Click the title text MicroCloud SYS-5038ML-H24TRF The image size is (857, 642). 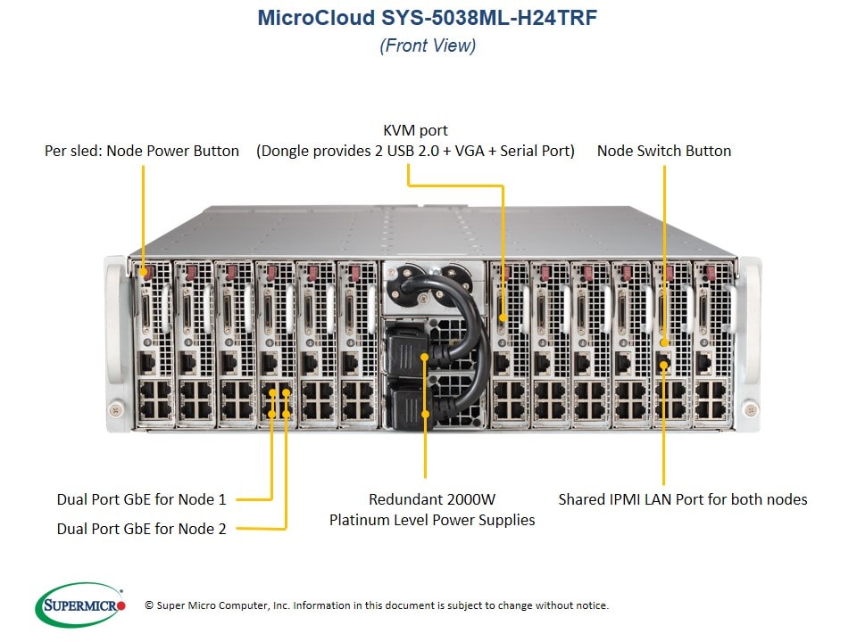(428, 18)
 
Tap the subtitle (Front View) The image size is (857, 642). (428, 45)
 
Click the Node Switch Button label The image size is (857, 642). (664, 151)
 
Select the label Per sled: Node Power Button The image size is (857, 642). (142, 151)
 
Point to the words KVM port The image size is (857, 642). (415, 130)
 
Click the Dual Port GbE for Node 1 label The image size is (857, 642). (142, 499)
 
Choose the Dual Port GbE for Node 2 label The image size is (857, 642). (142, 529)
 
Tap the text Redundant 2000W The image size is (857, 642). (432, 499)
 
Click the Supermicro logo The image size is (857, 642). (80, 605)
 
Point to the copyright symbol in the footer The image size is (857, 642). (149, 605)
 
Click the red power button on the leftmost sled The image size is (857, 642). (145, 271)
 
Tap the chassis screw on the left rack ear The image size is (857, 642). (116, 409)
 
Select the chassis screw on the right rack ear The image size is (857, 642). (751, 408)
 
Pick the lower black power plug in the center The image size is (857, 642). (409, 407)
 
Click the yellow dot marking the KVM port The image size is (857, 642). (503, 317)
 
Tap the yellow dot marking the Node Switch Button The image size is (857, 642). (664, 342)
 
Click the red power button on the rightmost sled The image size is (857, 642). (710, 272)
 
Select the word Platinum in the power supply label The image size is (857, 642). (359, 520)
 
